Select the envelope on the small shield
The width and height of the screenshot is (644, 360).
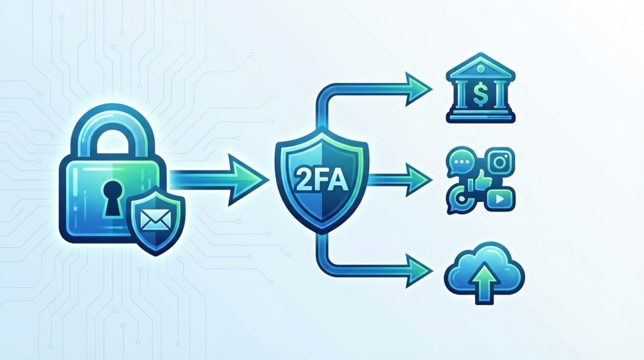(155, 218)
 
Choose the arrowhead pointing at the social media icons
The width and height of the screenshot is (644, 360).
(419, 179)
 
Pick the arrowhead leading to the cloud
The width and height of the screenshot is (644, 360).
(419, 271)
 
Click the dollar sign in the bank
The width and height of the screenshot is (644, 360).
(480, 95)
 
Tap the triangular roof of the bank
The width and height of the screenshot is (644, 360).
(481, 65)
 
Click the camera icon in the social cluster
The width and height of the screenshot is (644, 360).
(499, 162)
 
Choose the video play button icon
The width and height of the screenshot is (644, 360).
(500, 199)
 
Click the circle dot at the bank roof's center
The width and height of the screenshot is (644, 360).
(481, 67)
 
